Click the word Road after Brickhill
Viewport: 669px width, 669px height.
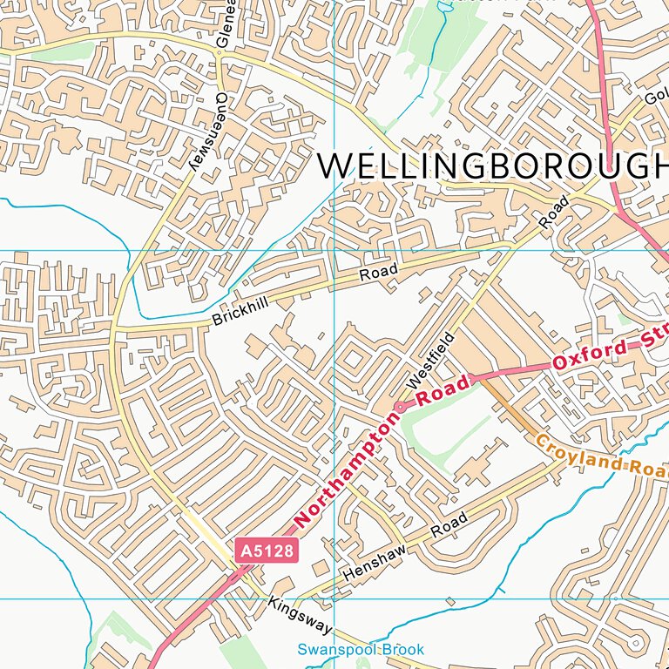(379, 273)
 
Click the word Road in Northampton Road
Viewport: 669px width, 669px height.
(443, 389)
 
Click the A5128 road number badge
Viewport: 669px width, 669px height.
(267, 551)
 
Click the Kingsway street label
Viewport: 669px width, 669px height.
(301, 616)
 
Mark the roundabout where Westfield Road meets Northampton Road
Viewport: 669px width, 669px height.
(401, 406)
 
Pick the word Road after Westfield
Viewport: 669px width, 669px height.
(554, 212)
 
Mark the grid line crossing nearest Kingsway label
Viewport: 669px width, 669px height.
(334, 599)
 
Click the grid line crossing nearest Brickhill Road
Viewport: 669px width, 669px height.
(334, 251)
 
